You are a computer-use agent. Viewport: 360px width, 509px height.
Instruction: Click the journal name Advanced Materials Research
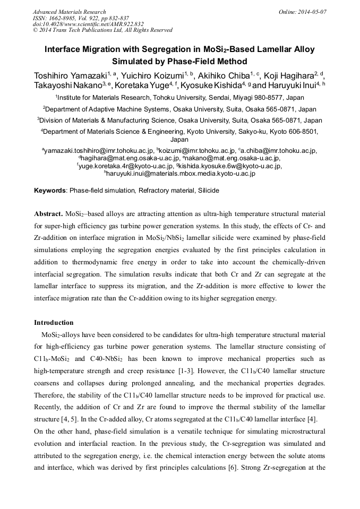pyautogui.click(x=69, y=12)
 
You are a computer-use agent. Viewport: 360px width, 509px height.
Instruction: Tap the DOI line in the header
pyautogui.click(x=88, y=24)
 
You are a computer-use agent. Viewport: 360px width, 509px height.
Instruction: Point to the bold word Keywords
pyautogui.click(x=50, y=190)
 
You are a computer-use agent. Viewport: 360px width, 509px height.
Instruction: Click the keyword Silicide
pyautogui.click(x=207, y=190)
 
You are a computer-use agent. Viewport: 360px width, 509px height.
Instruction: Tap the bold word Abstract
pyautogui.click(x=48, y=214)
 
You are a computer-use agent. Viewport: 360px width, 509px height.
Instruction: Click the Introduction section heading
pyautogui.click(x=54, y=323)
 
